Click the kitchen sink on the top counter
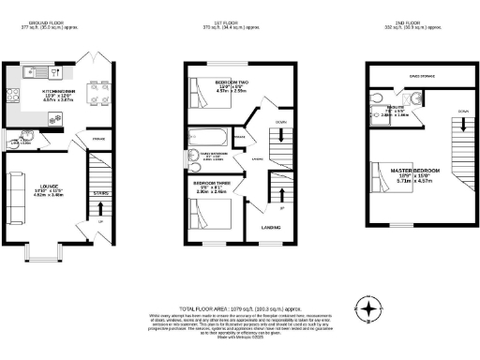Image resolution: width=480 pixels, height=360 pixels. point(26,70)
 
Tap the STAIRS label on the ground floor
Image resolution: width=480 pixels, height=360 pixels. point(100,194)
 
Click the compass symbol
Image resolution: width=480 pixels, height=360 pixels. point(372,308)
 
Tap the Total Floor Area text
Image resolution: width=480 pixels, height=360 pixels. point(239,307)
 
